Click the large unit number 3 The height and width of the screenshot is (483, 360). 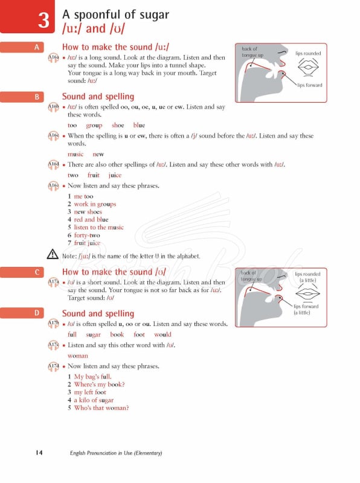43,21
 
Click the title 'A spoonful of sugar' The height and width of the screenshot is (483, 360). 115,14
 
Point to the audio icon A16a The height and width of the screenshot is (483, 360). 53,58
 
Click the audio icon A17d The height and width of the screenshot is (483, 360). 53,366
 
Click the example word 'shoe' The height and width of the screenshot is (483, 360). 118,126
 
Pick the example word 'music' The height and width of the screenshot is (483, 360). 76,155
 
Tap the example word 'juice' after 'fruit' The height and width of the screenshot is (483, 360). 115,175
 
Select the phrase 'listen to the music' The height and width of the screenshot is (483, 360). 98,228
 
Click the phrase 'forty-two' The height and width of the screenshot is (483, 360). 87,235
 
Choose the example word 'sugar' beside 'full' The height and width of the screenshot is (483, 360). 93,334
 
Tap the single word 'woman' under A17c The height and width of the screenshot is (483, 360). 77,356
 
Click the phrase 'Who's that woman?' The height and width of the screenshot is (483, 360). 101,408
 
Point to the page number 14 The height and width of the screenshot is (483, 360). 39,453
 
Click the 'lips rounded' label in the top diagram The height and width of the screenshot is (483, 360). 308,53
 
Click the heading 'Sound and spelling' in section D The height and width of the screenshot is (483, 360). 98,313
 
